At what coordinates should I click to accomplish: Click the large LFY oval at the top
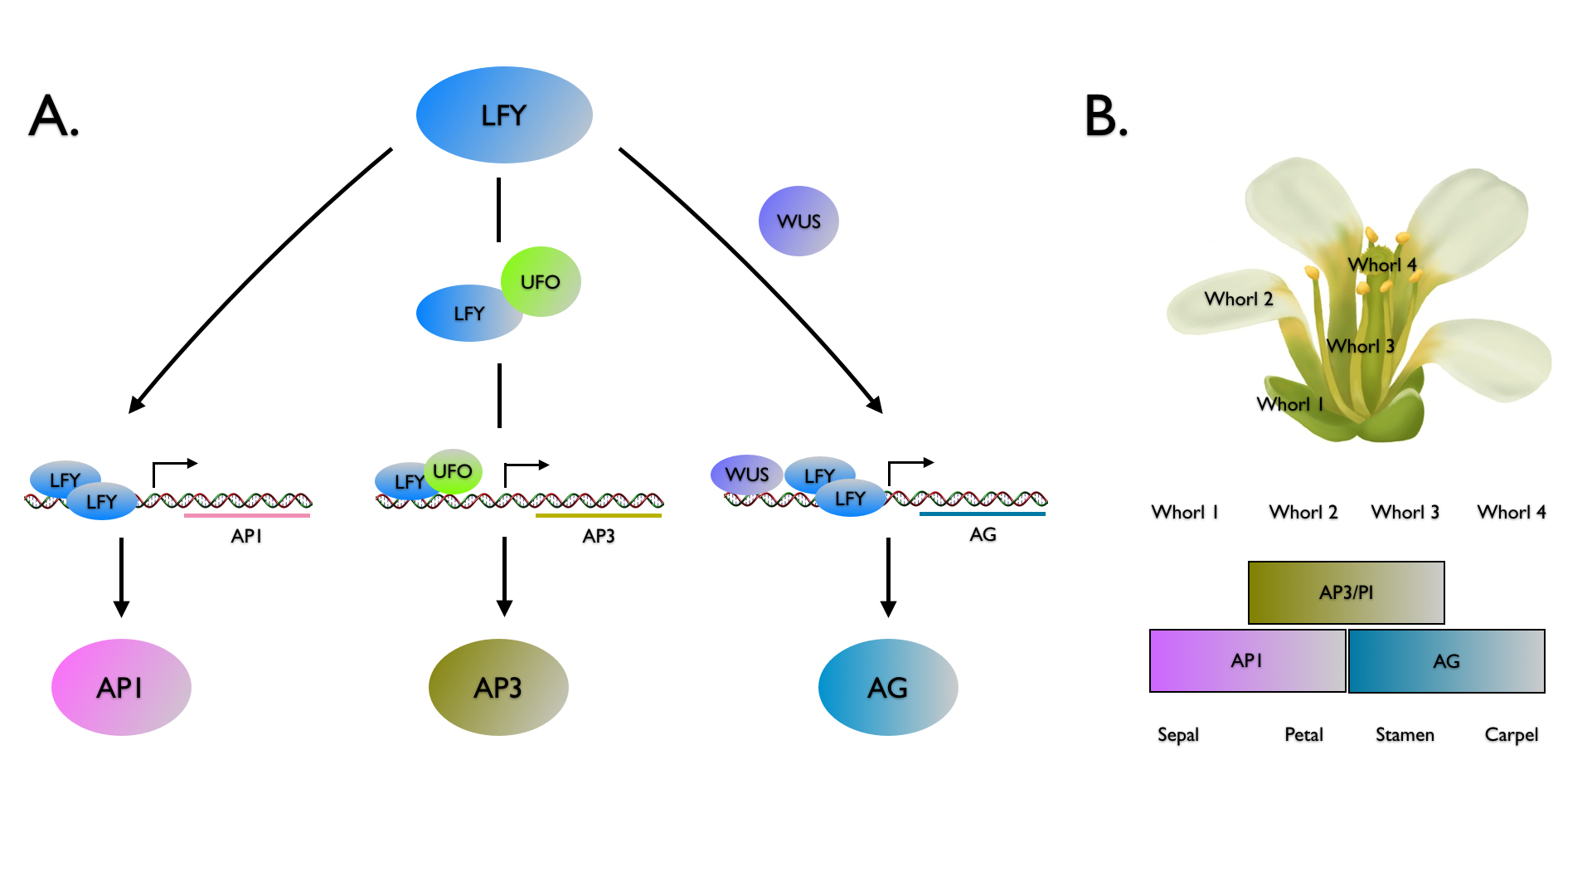tap(504, 114)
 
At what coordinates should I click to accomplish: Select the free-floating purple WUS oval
tap(798, 221)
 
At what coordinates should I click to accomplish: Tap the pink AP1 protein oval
tap(121, 687)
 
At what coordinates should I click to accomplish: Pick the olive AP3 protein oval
tap(498, 687)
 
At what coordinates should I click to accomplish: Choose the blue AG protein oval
tap(888, 687)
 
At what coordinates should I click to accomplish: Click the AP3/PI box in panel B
tap(1346, 592)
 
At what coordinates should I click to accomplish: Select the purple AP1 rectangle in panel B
tap(1247, 660)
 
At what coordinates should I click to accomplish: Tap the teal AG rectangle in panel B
tap(1447, 661)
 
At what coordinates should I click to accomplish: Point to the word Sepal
tap(1178, 734)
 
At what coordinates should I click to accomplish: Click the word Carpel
tap(1511, 734)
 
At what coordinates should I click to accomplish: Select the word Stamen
tap(1405, 734)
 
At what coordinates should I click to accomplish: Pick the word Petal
tap(1303, 734)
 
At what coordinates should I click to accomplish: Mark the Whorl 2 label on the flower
tap(1238, 299)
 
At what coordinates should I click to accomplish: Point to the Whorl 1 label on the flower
tap(1290, 404)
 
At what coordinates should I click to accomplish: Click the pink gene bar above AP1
tap(247, 515)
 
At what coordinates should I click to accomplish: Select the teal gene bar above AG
tap(983, 514)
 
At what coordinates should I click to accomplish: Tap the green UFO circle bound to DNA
tap(453, 471)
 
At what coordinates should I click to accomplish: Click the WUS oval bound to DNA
tap(746, 475)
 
